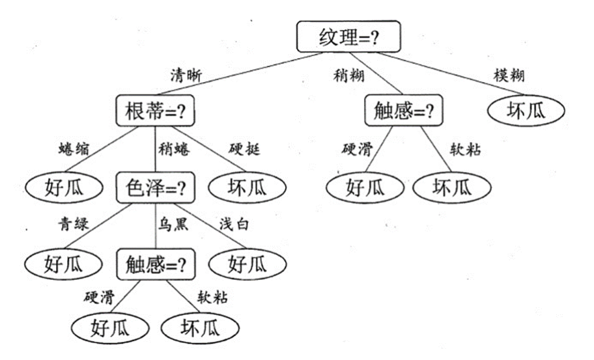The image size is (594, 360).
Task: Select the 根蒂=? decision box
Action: pyautogui.click(x=156, y=111)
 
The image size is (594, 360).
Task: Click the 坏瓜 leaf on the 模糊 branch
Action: pyautogui.click(x=525, y=111)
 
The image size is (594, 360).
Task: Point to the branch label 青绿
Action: pyautogui.click(x=73, y=225)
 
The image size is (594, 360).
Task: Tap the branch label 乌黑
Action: pyautogui.click(x=174, y=225)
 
